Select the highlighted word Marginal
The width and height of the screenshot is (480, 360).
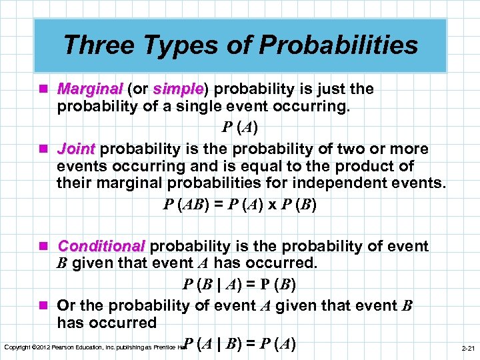90,89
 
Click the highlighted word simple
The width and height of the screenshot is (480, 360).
177,89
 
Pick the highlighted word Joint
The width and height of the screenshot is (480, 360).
77,148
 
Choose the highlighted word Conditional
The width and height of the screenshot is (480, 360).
101,247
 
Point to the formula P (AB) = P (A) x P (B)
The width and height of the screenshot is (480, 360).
239,204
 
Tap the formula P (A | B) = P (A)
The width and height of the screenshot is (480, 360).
239,344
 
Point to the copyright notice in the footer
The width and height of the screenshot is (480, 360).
93,347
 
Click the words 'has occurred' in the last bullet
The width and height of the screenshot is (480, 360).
107,323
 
